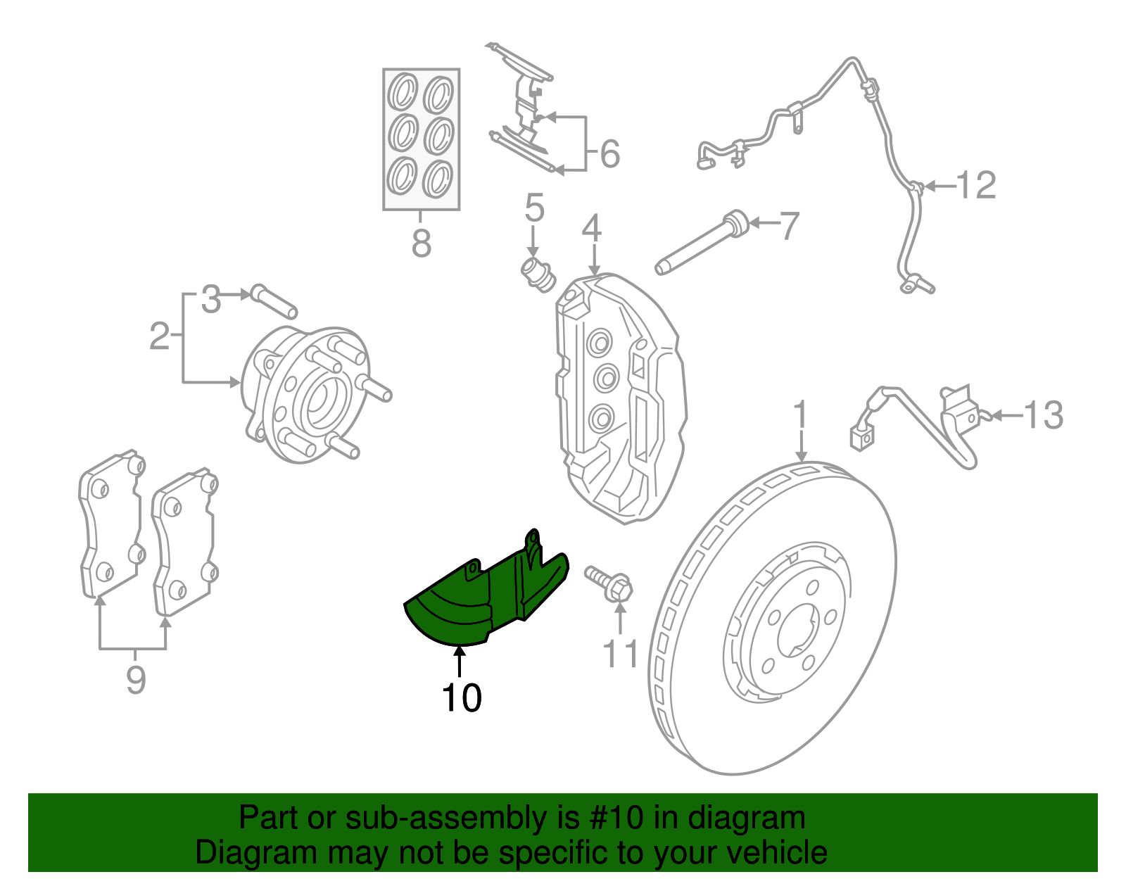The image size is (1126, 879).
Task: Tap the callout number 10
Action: coord(461,698)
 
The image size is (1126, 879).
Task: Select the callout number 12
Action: coord(976,186)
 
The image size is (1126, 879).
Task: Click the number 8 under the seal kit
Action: coord(421,244)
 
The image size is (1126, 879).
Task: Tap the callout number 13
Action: coord(1043,415)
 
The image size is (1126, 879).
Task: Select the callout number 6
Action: coord(609,154)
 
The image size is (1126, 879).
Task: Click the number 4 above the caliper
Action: coord(592,229)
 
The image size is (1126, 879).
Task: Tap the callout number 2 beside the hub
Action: coord(160,336)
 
